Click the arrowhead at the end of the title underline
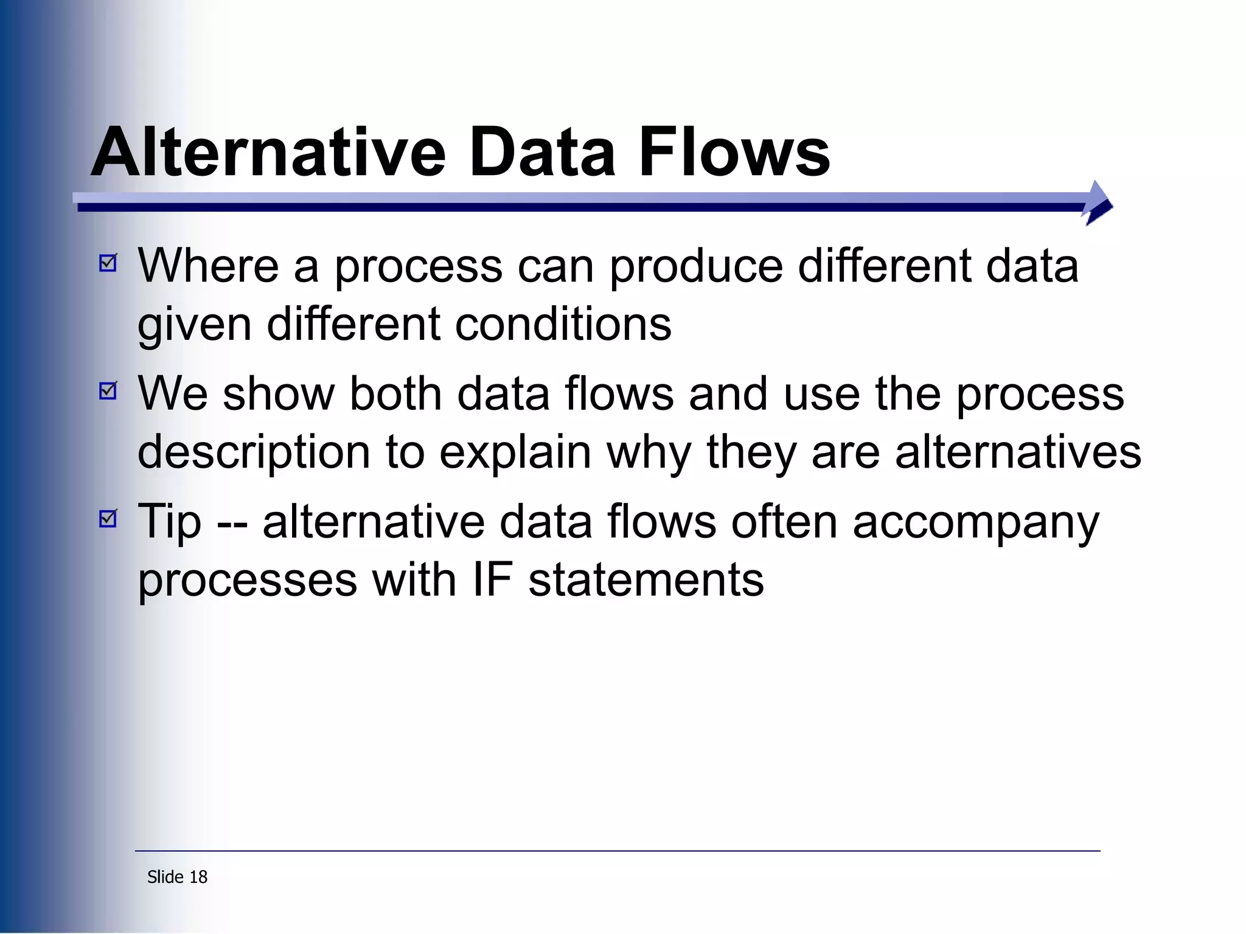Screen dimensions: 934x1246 tap(1098, 203)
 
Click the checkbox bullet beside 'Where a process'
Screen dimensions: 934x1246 tap(108, 263)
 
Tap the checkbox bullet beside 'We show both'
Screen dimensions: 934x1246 tap(108, 391)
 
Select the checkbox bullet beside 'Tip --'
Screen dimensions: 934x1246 tap(108, 519)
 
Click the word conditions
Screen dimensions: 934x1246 tap(563, 324)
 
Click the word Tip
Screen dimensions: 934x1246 tap(169, 522)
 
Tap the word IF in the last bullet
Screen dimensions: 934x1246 tap(492, 579)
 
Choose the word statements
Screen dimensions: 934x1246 tap(646, 579)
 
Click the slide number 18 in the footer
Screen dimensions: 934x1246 tap(198, 877)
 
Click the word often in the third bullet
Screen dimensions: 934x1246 tap(784, 521)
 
